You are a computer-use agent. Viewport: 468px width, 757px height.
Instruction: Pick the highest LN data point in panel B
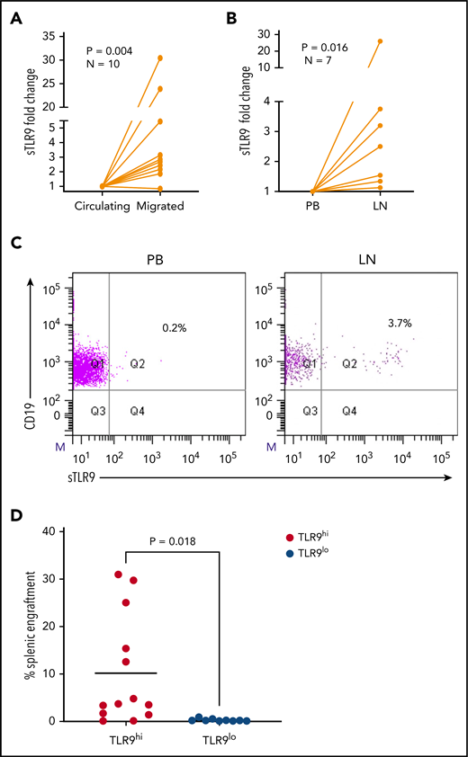click(405, 40)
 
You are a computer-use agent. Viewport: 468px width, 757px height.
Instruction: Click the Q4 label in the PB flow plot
click(138, 410)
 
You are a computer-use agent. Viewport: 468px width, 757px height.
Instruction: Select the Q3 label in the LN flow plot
click(310, 410)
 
